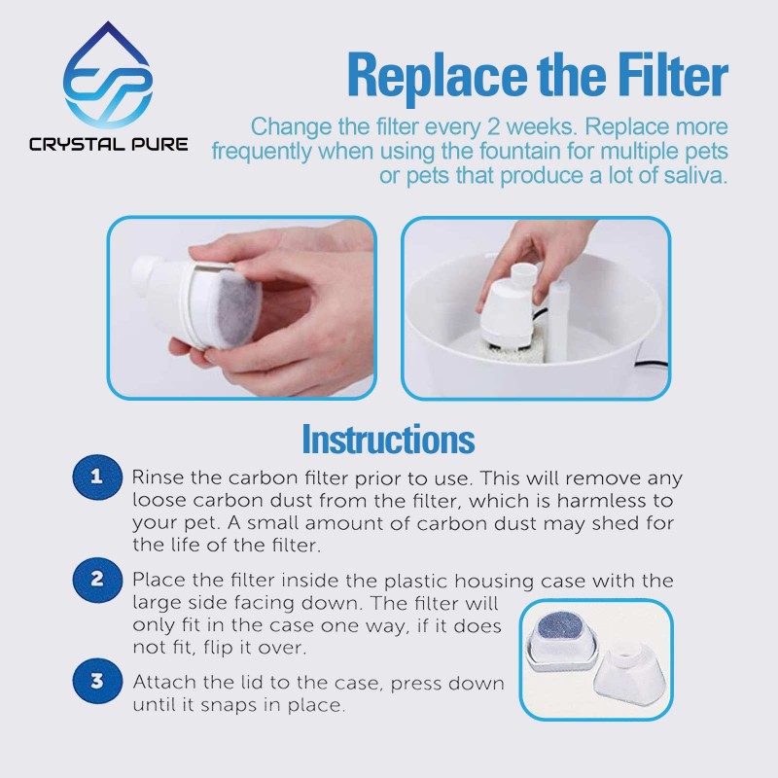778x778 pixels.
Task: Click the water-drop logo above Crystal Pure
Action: [108, 75]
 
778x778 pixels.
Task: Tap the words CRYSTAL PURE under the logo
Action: [109, 144]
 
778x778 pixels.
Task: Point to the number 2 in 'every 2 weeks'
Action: [493, 127]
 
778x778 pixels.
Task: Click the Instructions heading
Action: [388, 440]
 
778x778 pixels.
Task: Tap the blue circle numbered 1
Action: [97, 477]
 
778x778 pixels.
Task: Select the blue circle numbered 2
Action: [97, 580]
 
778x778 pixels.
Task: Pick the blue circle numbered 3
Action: [97, 681]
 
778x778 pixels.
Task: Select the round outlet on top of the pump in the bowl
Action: [524, 272]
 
